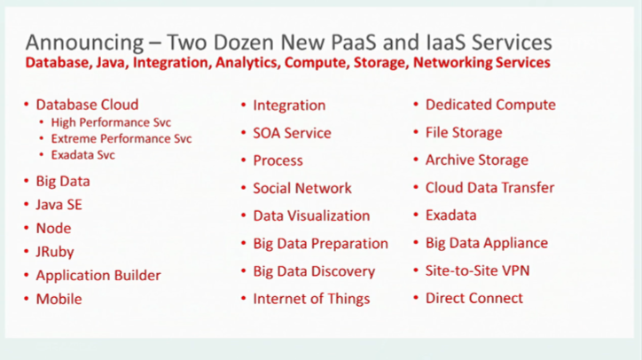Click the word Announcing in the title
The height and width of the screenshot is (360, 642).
tap(85, 43)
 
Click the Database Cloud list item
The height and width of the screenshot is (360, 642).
tap(87, 105)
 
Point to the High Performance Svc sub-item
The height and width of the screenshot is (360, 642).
tap(111, 122)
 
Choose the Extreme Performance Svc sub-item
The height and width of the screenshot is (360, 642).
tap(121, 139)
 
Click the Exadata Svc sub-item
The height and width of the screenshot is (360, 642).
tap(82, 155)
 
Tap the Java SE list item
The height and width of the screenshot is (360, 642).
tap(59, 205)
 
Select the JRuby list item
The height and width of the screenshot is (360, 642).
tap(55, 252)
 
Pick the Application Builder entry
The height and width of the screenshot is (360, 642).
tap(98, 276)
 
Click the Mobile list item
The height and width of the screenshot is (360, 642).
tap(59, 300)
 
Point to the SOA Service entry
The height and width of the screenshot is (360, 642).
tap(292, 133)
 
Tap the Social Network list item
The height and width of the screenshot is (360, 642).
tap(302, 188)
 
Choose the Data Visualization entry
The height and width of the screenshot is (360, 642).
tap(311, 215)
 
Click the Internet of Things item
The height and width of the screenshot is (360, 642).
tap(311, 299)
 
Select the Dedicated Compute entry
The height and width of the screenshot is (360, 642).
tap(490, 105)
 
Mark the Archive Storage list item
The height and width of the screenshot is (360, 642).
tap(476, 160)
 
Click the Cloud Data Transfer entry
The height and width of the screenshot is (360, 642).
tap(489, 188)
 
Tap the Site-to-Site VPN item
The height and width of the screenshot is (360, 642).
tap(477, 270)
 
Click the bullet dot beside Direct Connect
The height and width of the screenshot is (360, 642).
tap(416, 298)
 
